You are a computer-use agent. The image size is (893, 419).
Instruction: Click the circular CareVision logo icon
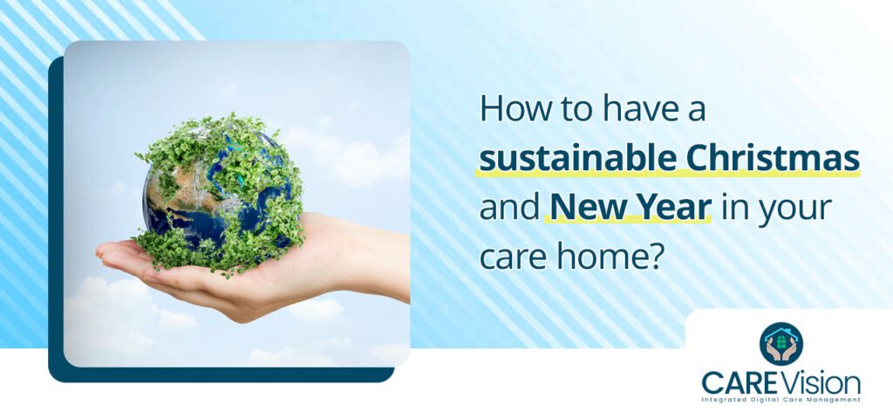(x=781, y=343)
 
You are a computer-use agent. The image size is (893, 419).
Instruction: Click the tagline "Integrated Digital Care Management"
(x=781, y=400)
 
